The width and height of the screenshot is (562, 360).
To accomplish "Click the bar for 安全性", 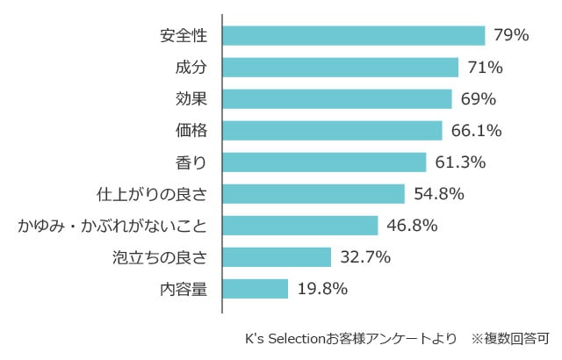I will (353, 36).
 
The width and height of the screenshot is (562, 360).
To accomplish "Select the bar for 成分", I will (340, 68).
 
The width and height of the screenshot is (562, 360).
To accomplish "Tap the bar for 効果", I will (336, 99).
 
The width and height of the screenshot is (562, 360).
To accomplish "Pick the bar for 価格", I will (332, 131).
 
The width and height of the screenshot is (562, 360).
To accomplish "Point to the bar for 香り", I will (324, 162).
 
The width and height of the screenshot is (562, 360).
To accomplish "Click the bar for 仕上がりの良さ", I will (313, 194).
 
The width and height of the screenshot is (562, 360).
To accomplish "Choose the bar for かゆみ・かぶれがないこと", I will (300, 226).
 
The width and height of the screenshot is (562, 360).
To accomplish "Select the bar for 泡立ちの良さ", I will (277, 257).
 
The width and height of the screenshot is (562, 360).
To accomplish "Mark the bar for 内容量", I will (256, 289).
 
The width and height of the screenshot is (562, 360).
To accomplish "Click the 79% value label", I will (510, 36).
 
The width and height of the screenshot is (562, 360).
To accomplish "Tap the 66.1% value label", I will (476, 131).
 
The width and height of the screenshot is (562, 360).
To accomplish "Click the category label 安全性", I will (184, 36).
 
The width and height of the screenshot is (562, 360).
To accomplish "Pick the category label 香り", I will (191, 162).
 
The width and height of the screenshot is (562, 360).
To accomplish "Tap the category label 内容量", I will (184, 289).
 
